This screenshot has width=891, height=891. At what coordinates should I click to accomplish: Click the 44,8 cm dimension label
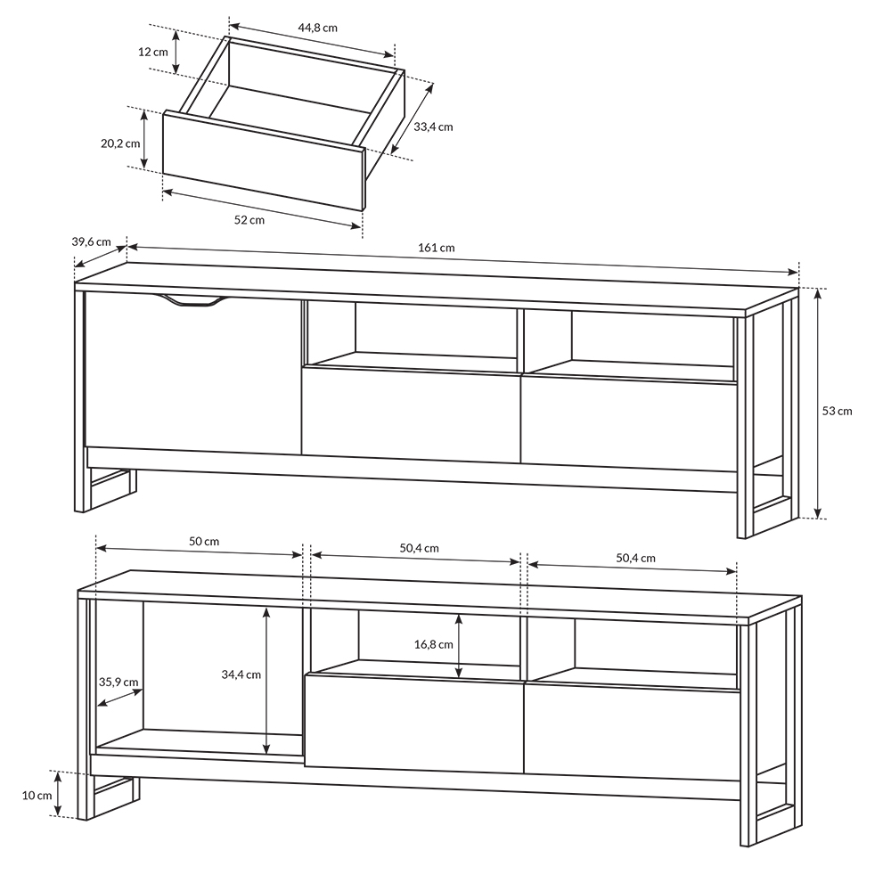point(318,28)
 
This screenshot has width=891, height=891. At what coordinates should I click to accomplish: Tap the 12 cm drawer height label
point(153,52)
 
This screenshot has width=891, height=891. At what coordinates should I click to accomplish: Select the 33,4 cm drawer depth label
point(433,127)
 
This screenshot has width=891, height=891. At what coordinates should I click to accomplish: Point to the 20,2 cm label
point(120,143)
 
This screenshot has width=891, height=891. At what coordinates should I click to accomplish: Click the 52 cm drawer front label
point(249,220)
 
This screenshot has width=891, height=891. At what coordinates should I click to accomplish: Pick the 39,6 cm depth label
point(92,241)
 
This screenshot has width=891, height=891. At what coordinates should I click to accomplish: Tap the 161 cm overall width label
point(437,248)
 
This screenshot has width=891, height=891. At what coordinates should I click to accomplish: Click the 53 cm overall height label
point(837,411)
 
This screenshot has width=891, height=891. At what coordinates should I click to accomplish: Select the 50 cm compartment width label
point(204,542)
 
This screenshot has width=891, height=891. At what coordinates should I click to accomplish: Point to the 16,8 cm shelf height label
point(434,644)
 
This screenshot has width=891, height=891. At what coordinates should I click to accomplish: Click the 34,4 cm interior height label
point(241,674)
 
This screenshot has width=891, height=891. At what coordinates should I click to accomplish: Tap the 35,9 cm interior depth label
point(119,682)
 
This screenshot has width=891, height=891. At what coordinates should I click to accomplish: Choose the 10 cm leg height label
point(37,796)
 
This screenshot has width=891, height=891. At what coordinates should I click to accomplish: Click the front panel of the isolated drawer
point(263,160)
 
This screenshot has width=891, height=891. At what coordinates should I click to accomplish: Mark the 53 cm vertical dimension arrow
point(818,403)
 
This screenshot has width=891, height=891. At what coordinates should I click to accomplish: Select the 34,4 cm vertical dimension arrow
point(266,680)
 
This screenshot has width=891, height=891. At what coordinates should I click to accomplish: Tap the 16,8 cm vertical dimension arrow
point(459,646)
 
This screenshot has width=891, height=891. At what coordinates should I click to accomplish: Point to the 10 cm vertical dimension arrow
point(59,794)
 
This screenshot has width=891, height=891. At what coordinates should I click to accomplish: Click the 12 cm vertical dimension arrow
point(176,52)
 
